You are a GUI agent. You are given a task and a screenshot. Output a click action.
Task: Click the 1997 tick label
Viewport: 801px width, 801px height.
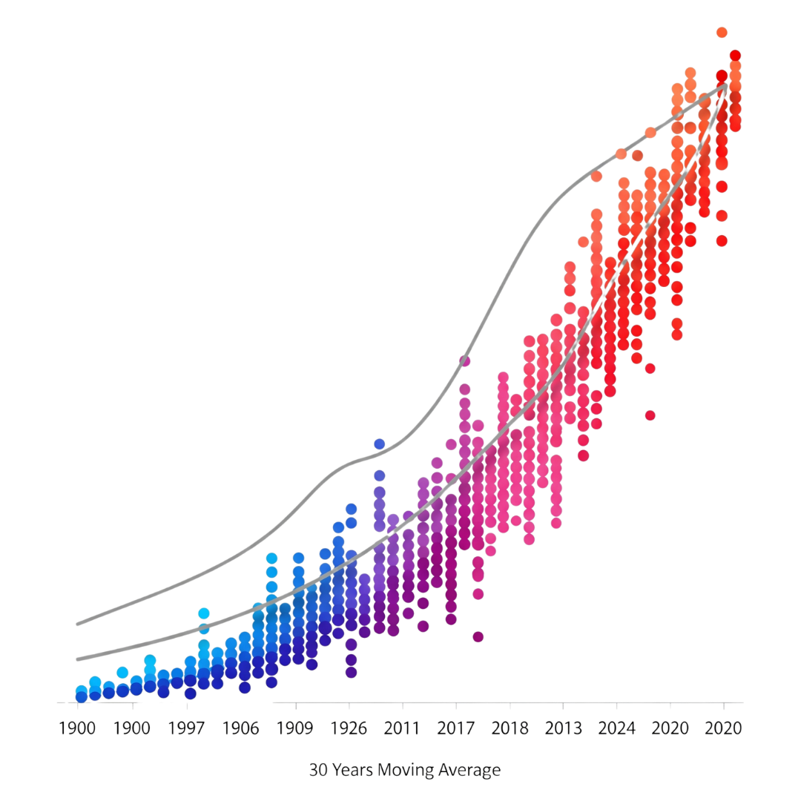[x=186, y=728]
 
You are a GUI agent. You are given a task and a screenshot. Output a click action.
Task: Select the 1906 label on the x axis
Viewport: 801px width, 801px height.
[x=241, y=728]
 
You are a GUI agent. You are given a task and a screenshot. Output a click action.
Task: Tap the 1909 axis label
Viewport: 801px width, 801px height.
[x=295, y=728]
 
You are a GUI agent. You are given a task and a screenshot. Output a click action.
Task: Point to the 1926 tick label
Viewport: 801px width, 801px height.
[x=349, y=728]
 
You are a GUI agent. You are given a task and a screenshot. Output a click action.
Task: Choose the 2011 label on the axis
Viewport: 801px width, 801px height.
[x=402, y=728]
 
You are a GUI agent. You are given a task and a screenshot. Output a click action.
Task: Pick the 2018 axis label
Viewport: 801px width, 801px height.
[x=510, y=728]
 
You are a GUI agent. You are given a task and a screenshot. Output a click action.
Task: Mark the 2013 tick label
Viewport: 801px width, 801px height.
[x=563, y=728]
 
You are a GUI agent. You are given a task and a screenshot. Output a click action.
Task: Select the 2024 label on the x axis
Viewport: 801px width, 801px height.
[x=617, y=728]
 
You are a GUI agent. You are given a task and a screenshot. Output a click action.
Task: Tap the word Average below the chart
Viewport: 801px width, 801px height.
[x=469, y=771]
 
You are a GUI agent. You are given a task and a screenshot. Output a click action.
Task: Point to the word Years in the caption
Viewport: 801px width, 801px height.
[x=352, y=771]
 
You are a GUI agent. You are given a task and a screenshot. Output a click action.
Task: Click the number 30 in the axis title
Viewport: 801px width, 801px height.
[x=317, y=771]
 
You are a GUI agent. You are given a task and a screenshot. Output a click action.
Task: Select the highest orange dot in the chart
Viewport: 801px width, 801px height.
[x=722, y=32]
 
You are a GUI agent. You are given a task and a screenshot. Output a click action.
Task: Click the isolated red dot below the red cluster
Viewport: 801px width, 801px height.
[x=650, y=415]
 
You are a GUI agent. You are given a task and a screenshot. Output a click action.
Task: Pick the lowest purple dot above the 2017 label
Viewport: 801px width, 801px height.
[x=478, y=636]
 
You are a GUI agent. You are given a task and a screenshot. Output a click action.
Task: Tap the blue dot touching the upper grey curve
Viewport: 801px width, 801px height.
[x=379, y=444]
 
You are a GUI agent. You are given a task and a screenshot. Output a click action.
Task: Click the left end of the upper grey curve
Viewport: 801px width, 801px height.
[x=77, y=624]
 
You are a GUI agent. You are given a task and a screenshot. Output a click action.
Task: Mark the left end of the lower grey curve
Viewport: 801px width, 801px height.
[x=77, y=659]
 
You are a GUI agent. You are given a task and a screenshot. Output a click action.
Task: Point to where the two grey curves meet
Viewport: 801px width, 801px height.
[x=726, y=87]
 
